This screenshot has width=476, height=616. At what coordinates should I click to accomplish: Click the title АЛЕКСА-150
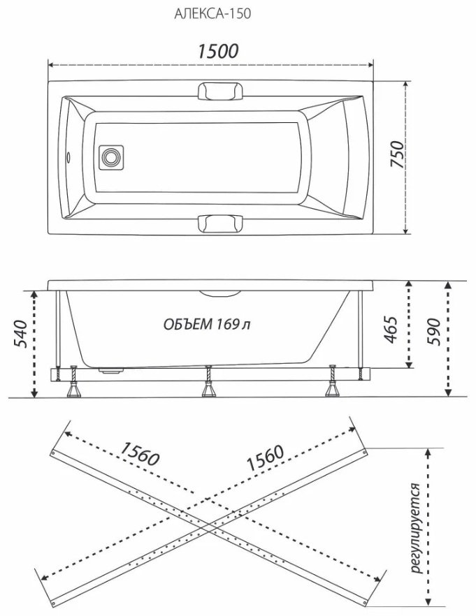pos(212,14)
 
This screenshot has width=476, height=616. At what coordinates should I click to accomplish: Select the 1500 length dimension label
pos(217,52)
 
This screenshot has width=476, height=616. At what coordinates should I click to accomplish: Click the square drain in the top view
pos(111,157)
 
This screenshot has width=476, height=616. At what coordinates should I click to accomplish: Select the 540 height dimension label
pos(21,334)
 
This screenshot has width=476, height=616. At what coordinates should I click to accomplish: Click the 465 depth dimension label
pos(391,329)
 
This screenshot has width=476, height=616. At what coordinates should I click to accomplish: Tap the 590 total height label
pos(434,332)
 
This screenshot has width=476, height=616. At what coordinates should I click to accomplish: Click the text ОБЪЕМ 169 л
pos(207,324)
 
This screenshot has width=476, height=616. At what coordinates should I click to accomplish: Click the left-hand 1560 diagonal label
pos(140,453)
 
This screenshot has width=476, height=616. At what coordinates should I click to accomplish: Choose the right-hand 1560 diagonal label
pos(264,458)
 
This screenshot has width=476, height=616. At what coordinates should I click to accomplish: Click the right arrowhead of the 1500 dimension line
pos(369,65)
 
